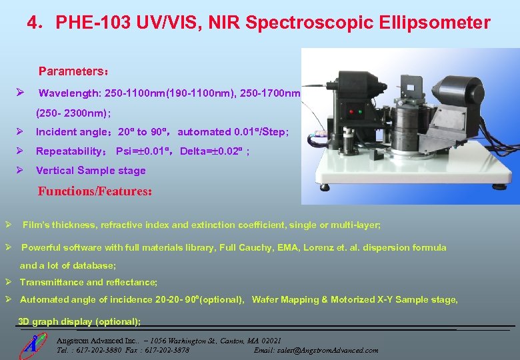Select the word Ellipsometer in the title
[x=436, y=23]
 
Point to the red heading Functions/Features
[x=96, y=191]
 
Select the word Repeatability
[x=73, y=151]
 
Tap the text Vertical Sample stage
[x=91, y=170]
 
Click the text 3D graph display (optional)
[x=79, y=321]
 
